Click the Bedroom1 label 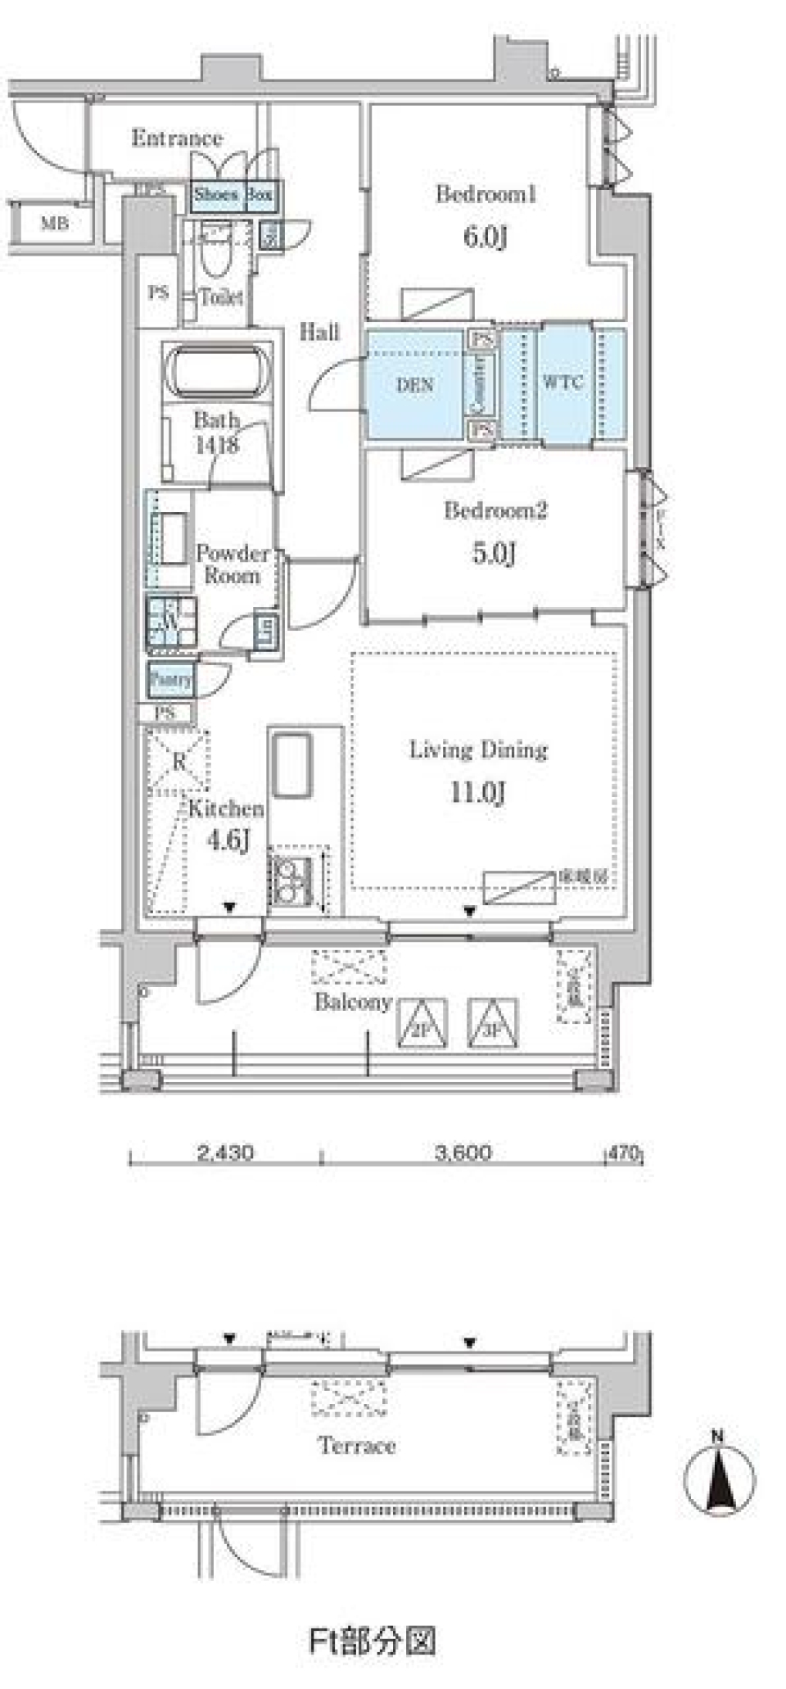[x=486, y=195]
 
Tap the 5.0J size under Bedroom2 [x=493, y=554]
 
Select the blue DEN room [x=414, y=385]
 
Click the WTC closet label [x=563, y=383]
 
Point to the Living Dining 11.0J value [x=477, y=793]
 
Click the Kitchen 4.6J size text [x=228, y=840]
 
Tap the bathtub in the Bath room [x=218, y=371]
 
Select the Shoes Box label [x=233, y=195]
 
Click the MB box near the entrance [x=55, y=223]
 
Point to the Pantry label [x=171, y=679]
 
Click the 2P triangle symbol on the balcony [x=422, y=1024]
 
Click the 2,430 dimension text [x=225, y=1153]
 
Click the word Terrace [x=357, y=1446]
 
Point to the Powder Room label [x=233, y=564]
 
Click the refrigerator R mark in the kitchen [x=179, y=762]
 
